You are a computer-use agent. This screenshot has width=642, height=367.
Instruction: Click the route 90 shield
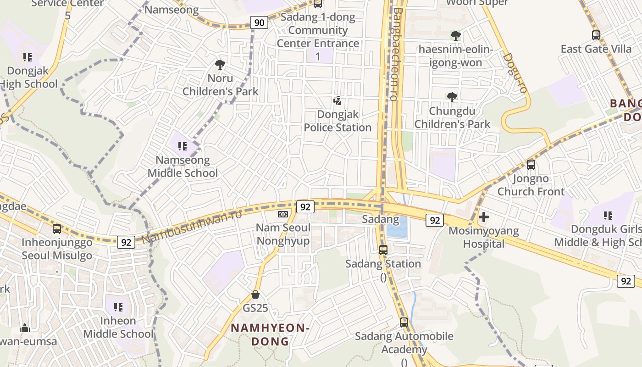[x=260, y=22]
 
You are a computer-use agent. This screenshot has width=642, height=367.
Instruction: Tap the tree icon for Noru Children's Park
[x=220, y=65]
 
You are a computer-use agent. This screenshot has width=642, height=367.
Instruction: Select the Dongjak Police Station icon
[x=338, y=101]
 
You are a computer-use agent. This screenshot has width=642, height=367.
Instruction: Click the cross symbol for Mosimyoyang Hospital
[x=484, y=217]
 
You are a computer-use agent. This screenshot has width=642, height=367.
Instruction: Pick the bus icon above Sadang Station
[x=383, y=250]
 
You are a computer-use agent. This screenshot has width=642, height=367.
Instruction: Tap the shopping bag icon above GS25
[x=255, y=294]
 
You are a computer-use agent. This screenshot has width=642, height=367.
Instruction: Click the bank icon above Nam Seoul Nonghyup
[x=283, y=214]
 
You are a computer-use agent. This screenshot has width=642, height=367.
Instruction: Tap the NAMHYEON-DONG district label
[x=270, y=334]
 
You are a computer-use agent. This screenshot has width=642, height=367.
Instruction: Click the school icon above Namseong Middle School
[x=183, y=146]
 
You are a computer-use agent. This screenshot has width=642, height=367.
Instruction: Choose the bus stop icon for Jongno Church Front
[x=531, y=165]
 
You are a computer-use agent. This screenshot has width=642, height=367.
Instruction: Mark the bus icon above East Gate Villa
[x=596, y=35]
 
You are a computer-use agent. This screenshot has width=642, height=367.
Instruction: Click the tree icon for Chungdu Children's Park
[x=452, y=97]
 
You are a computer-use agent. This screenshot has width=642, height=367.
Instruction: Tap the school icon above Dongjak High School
[x=28, y=57]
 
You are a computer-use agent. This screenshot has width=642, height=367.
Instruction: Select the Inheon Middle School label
[x=118, y=327]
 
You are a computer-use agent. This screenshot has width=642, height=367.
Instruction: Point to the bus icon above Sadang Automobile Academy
[x=404, y=323]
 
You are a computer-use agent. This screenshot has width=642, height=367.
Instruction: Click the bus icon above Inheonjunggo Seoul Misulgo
[x=57, y=229]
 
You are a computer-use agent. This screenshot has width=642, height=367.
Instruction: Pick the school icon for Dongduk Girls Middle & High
[x=608, y=216]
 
